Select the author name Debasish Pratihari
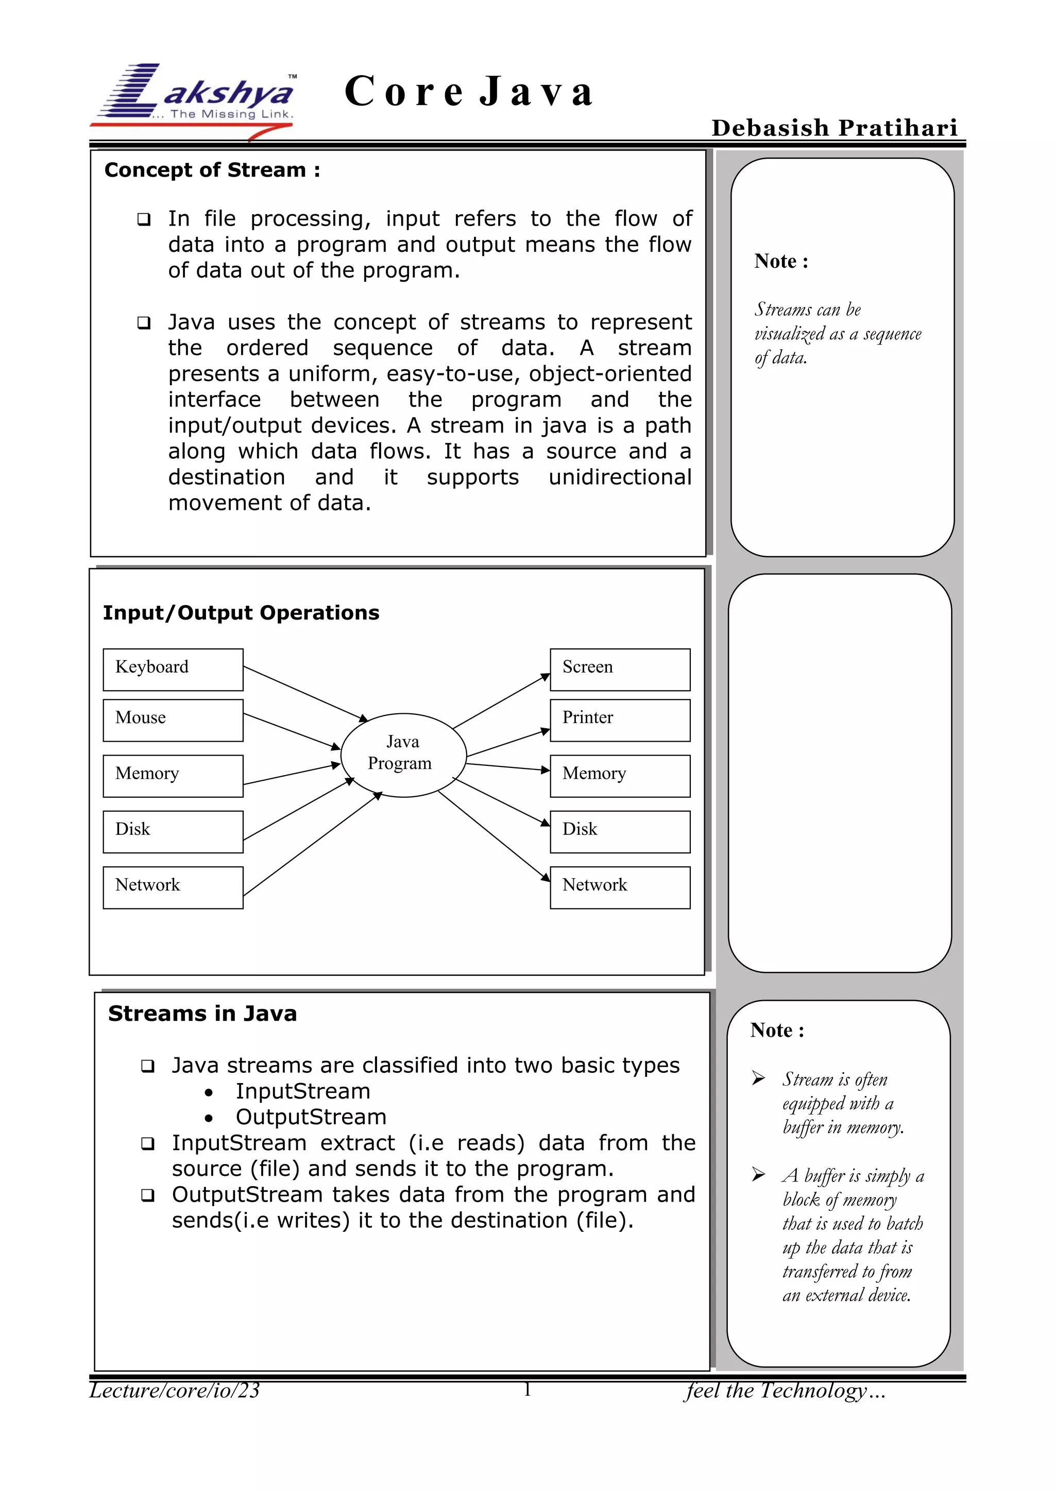click(834, 128)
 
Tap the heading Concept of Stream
click(212, 170)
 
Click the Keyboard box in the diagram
click(173, 670)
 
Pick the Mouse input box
click(173, 720)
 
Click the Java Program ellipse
click(403, 755)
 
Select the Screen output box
click(620, 670)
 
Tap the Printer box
click(620, 720)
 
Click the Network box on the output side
click(620, 887)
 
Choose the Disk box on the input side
click(173, 831)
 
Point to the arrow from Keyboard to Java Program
click(305, 694)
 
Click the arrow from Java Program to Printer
click(508, 743)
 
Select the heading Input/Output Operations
click(241, 612)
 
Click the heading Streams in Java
click(202, 1013)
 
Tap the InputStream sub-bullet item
click(303, 1091)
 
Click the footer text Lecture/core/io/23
click(174, 1391)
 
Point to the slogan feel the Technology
click(785, 1391)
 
